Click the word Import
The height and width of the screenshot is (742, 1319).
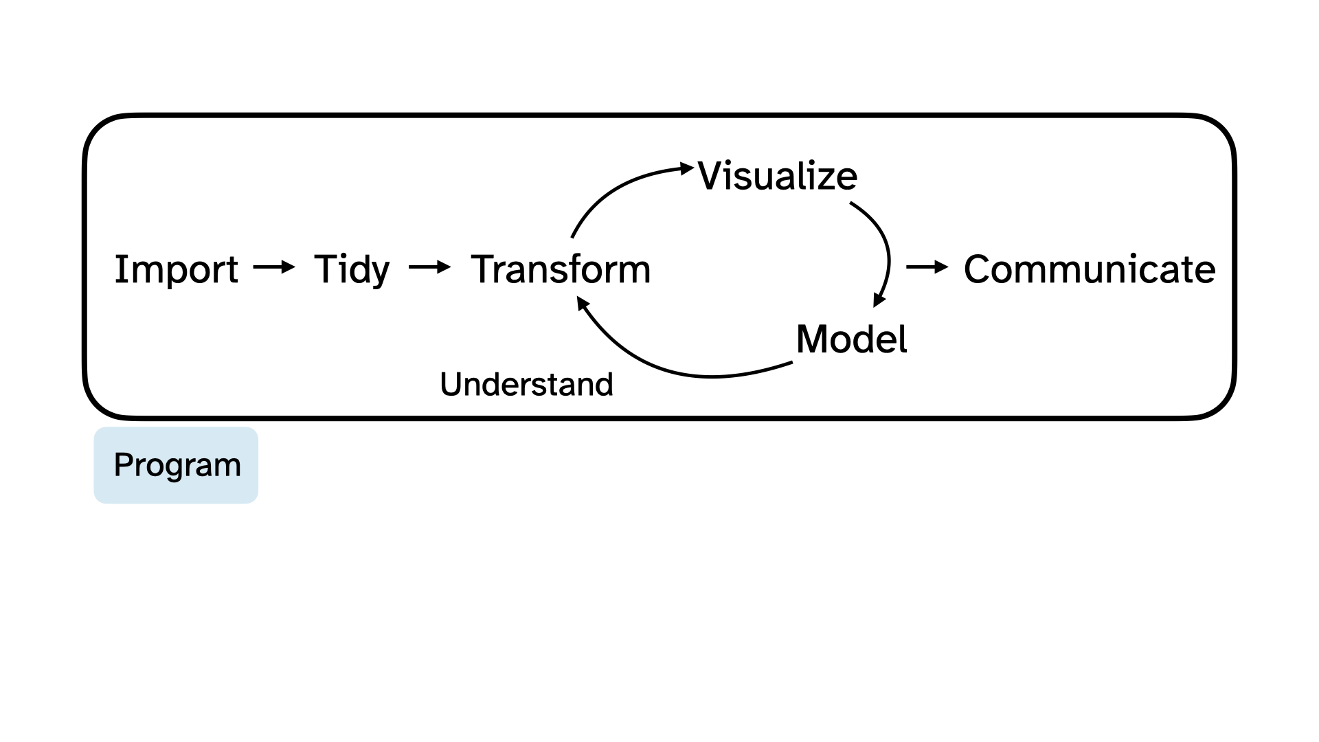(176, 269)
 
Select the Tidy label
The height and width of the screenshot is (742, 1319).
(352, 269)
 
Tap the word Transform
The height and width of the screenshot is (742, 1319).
(561, 269)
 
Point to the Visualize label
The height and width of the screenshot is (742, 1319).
(778, 176)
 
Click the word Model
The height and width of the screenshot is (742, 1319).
(851, 339)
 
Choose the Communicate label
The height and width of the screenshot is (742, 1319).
(1090, 269)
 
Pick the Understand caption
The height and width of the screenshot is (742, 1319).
(526, 384)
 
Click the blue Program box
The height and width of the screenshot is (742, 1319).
(176, 465)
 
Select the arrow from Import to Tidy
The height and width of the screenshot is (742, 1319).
(273, 267)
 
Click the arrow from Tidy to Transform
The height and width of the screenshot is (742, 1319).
(429, 267)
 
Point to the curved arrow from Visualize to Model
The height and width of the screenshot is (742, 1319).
(886, 247)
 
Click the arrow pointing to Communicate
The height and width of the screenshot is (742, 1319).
(927, 267)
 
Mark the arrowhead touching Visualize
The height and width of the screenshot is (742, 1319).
(687, 168)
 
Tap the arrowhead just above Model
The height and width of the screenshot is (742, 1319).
(879, 300)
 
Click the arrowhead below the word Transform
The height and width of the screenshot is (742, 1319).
(583, 303)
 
